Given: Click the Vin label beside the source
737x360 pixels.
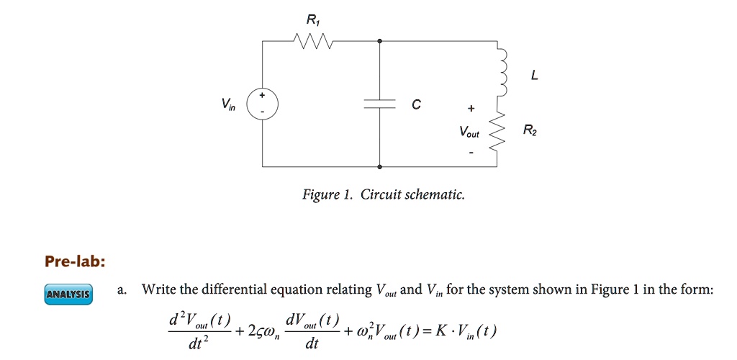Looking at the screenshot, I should (228, 104).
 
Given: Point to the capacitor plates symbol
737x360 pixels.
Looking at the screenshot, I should (379, 104).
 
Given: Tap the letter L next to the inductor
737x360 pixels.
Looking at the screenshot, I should (532, 75).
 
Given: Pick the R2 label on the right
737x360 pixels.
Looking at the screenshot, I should (529, 131).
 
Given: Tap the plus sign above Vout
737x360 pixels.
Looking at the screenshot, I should (471, 109).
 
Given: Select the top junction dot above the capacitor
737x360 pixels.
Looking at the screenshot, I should (379, 42).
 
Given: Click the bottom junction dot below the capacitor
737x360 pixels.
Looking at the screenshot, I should (379, 166).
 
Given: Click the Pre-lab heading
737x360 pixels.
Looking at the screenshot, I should (75, 261).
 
